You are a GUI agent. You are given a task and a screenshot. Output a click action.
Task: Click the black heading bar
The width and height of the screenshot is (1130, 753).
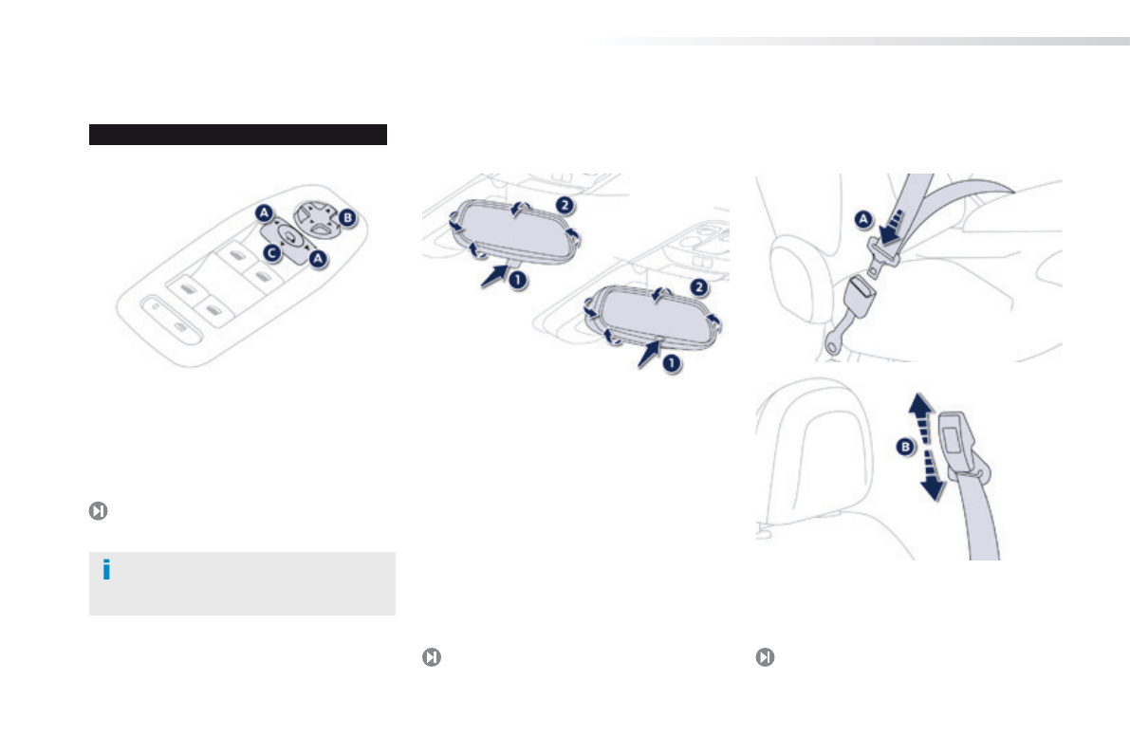[238, 135]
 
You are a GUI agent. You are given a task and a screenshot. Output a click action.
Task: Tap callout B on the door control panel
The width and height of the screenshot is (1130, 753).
[347, 217]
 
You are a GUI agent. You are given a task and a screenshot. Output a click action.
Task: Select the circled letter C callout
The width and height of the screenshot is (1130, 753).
[271, 253]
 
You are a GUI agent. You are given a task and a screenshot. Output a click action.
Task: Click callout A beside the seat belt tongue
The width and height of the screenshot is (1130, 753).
[863, 219]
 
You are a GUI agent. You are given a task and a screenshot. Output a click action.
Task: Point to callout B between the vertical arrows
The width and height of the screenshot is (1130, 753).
[905, 448]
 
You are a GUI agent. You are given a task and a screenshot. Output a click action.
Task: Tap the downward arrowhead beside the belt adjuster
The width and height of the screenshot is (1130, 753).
[933, 490]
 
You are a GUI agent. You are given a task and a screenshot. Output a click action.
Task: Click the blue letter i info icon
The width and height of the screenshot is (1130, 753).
[106, 570]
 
